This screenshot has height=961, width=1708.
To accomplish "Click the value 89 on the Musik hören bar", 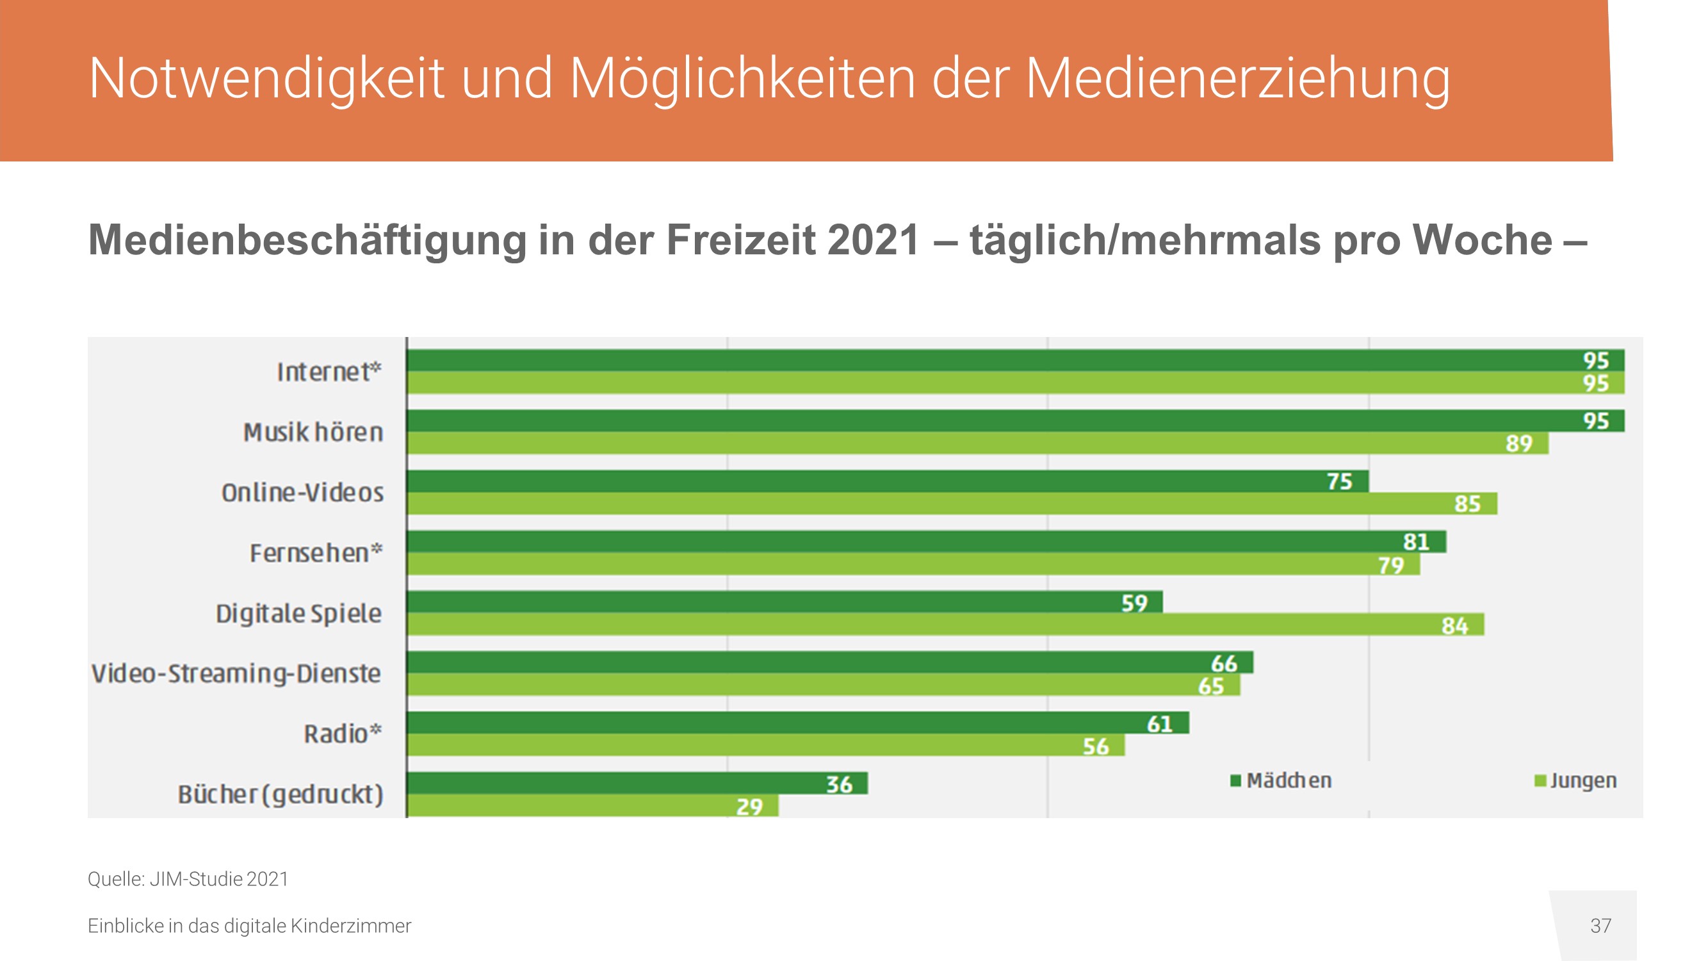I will coord(1518,443).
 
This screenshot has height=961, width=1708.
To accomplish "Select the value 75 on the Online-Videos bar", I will coord(1339,482).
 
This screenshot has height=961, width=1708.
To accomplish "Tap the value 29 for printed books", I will coord(749,807).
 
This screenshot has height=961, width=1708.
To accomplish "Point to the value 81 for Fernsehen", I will coord(1415,542).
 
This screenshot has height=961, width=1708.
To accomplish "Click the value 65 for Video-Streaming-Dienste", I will coord(1211,686).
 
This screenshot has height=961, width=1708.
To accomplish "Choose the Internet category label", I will coord(329,372).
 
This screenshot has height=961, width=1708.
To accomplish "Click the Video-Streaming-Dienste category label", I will coord(236,674).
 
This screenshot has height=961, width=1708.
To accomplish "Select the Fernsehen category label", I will coord(316,553).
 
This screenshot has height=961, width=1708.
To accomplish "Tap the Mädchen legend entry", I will coord(1281,780).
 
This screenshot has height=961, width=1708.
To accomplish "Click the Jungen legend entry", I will coord(1576,780).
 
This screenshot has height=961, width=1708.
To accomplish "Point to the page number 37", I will coord(1600,926).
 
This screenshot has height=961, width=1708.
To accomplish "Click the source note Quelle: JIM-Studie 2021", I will coord(188,880).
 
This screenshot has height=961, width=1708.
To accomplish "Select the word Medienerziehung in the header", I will coord(1237,78).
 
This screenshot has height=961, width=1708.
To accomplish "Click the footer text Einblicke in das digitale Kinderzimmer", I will coord(249,926).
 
